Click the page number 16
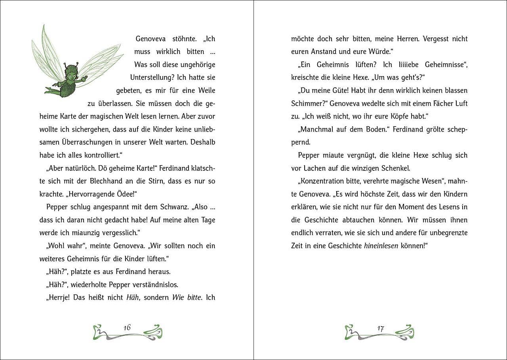[x=127, y=327]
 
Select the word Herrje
[x=59, y=297]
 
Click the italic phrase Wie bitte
[x=187, y=297]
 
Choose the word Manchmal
[x=317, y=129]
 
